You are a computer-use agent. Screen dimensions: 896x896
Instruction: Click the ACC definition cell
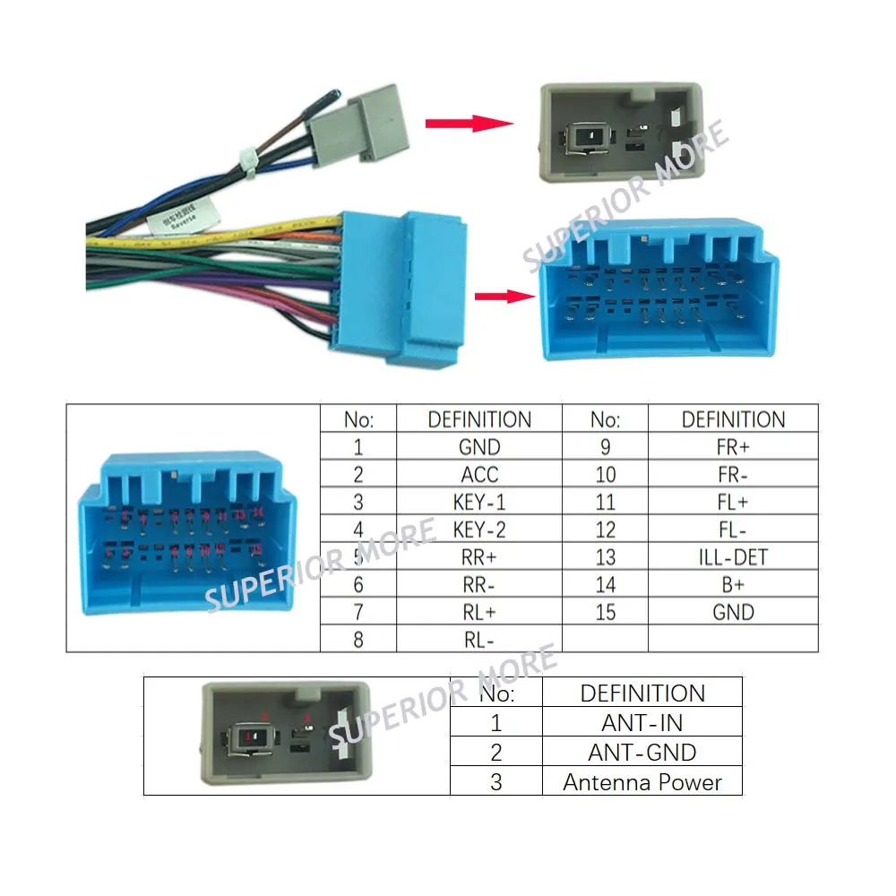point(479,475)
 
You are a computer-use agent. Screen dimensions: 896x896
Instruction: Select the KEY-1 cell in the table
point(479,502)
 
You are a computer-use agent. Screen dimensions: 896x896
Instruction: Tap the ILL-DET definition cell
point(732,557)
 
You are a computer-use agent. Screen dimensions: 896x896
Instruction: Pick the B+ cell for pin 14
point(732,585)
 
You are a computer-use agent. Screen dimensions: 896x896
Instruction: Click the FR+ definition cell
point(732,447)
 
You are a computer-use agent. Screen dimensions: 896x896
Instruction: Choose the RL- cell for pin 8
point(479,640)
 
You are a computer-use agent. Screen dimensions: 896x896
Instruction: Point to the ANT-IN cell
point(642,722)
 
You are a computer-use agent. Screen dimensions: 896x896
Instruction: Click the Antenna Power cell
point(642,781)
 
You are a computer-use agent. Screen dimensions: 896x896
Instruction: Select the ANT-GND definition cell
point(642,752)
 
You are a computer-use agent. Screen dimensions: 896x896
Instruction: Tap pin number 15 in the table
point(605,613)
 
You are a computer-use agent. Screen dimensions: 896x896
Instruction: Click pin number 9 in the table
point(605,447)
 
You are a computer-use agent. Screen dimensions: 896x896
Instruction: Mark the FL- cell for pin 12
point(732,530)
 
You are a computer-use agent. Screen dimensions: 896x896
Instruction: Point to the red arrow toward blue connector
point(496,297)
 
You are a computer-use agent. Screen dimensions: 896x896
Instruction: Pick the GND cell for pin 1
point(479,447)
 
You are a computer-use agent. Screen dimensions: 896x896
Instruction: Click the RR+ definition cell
point(479,557)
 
